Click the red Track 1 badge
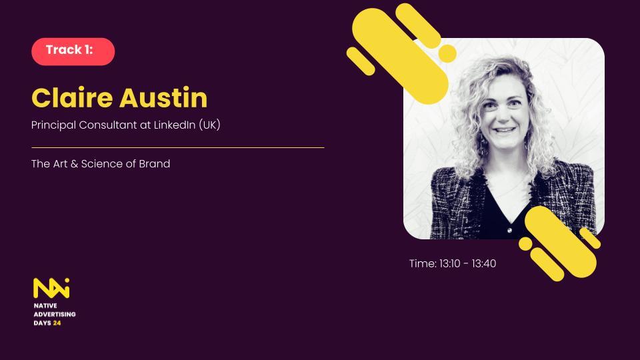coord(73,51)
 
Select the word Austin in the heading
coord(163,98)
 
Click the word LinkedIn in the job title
coord(175,125)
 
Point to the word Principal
coord(53,125)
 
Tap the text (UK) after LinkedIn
coord(210,125)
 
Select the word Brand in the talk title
coord(154,164)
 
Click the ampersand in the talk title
coord(74,164)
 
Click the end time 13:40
coord(484,264)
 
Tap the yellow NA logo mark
coord(51,288)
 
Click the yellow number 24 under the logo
coord(57,323)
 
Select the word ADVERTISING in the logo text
coord(55,314)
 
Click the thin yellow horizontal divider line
coord(178,148)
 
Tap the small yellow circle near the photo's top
coord(447,53)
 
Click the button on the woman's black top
coord(509,231)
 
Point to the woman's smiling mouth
coord(505,130)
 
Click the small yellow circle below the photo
coord(525,244)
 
